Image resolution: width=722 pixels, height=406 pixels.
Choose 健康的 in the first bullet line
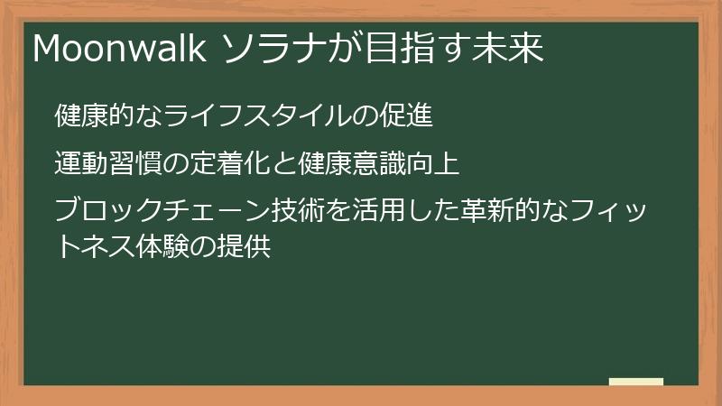[95, 116]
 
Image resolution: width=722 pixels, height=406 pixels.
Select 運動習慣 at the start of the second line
[107, 164]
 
